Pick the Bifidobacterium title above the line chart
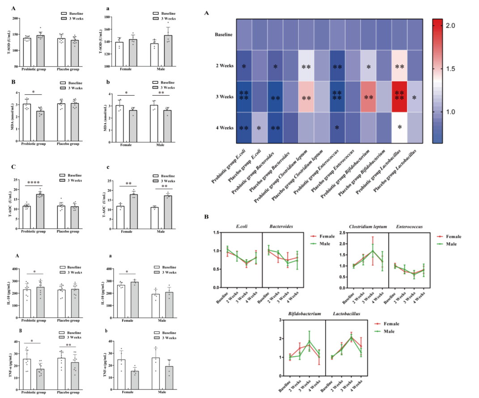pyautogui.click(x=305, y=314)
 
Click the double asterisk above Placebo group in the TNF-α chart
pyautogui.click(x=68, y=345)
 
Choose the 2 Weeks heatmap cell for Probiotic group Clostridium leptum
pyautogui.click(x=306, y=66)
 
